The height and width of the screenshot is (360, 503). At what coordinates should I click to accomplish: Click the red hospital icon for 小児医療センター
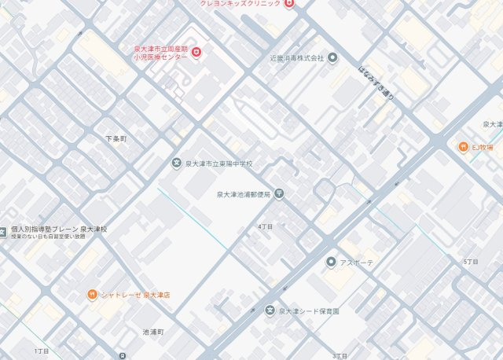[x=196, y=53]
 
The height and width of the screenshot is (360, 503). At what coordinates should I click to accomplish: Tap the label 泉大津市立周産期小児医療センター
[x=160, y=53]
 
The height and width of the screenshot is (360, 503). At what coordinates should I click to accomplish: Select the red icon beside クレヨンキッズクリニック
[x=289, y=4]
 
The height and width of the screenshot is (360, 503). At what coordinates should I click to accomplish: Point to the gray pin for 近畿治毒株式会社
[x=332, y=57]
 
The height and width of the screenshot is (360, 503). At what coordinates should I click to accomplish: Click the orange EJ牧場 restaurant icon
[x=463, y=147]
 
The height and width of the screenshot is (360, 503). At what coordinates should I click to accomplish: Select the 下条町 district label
[x=116, y=138]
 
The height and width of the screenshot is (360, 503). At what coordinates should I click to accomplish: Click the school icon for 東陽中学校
[x=177, y=163]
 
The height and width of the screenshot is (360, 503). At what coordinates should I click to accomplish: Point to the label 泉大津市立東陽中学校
[x=219, y=163]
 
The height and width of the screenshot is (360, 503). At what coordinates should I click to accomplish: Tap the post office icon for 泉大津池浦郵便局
[x=279, y=193]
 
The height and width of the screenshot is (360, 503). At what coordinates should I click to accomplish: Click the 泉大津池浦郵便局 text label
[x=243, y=193]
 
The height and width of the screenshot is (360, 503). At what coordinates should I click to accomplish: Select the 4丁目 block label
[x=265, y=226]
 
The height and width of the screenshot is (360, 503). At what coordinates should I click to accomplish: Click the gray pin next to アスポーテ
[x=332, y=262]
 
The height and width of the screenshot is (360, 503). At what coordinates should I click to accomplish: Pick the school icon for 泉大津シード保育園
[x=270, y=311]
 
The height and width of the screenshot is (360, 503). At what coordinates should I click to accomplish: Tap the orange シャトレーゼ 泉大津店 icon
[x=92, y=294]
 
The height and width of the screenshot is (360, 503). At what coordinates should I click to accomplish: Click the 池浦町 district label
[x=152, y=332]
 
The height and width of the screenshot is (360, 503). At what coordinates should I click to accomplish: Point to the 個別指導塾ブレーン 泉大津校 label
[x=59, y=229]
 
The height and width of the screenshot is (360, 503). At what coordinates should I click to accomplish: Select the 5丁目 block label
[x=471, y=261]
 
